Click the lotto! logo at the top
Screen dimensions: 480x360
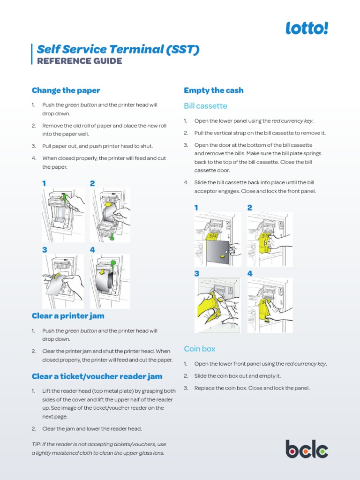click(307, 29)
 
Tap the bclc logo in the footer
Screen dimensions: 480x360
click(307, 449)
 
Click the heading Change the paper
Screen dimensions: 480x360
click(66, 90)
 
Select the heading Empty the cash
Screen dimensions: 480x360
click(214, 90)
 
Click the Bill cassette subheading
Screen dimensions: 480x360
click(205, 106)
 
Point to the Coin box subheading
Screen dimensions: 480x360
click(200, 349)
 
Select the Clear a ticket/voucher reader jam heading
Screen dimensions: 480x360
click(97, 376)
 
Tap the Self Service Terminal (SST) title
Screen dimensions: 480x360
click(118, 49)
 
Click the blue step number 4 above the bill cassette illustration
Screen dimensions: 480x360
click(250, 273)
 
